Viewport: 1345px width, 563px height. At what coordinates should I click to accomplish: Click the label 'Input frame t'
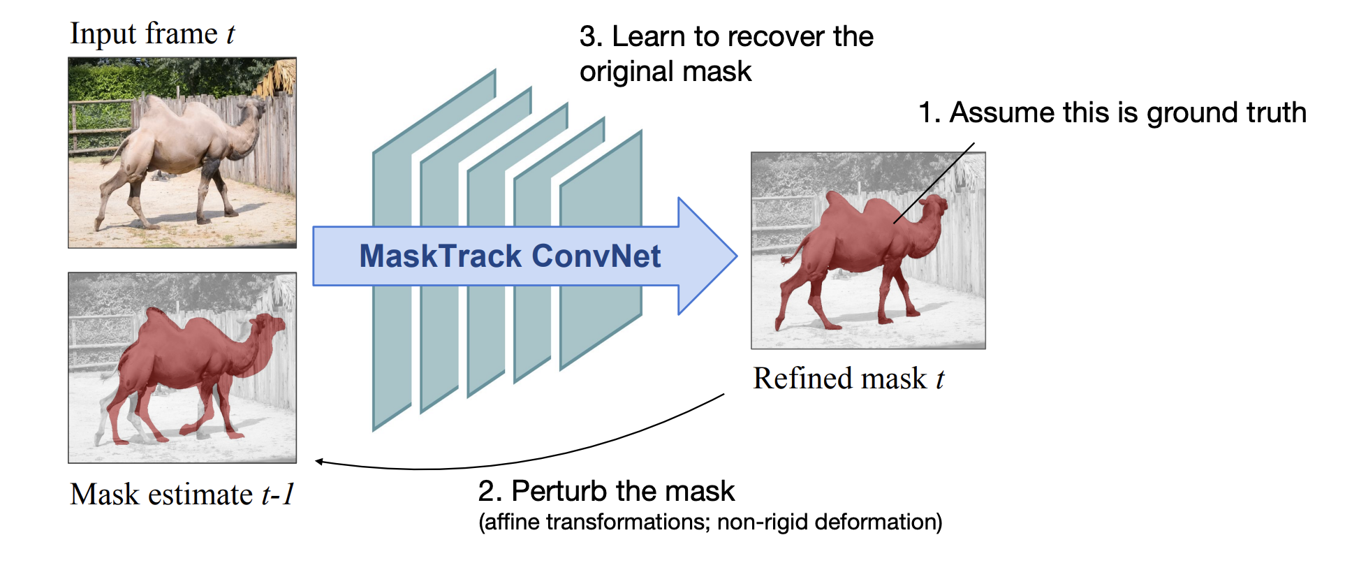(x=152, y=34)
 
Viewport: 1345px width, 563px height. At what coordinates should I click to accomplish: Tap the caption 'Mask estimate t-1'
(x=182, y=494)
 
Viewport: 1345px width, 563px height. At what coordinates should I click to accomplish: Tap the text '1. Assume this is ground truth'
(x=1112, y=112)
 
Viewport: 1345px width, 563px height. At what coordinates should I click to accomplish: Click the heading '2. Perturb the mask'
(x=606, y=491)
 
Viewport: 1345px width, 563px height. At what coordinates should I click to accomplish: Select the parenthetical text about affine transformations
(x=710, y=522)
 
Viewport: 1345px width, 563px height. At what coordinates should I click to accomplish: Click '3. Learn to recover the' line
(x=726, y=36)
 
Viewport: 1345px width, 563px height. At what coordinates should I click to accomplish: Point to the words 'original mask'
(x=666, y=71)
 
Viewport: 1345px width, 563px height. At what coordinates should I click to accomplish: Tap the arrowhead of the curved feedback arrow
(x=319, y=461)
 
